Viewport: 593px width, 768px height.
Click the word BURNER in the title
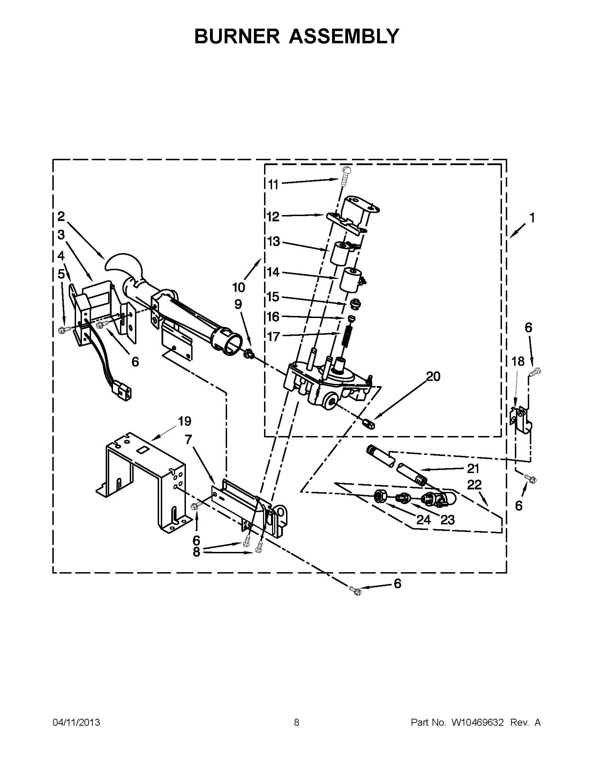(237, 36)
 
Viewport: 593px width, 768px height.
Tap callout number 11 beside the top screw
(273, 184)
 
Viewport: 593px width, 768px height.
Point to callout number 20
(433, 377)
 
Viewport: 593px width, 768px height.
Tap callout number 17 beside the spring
(273, 337)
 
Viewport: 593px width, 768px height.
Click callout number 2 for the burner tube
(61, 217)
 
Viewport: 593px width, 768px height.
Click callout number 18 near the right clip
(518, 361)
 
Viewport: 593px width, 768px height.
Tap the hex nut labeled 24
(380, 496)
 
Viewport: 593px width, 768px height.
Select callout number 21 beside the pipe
(473, 468)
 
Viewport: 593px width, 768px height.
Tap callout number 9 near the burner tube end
(238, 304)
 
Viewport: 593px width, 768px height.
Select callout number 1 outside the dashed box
(532, 218)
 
